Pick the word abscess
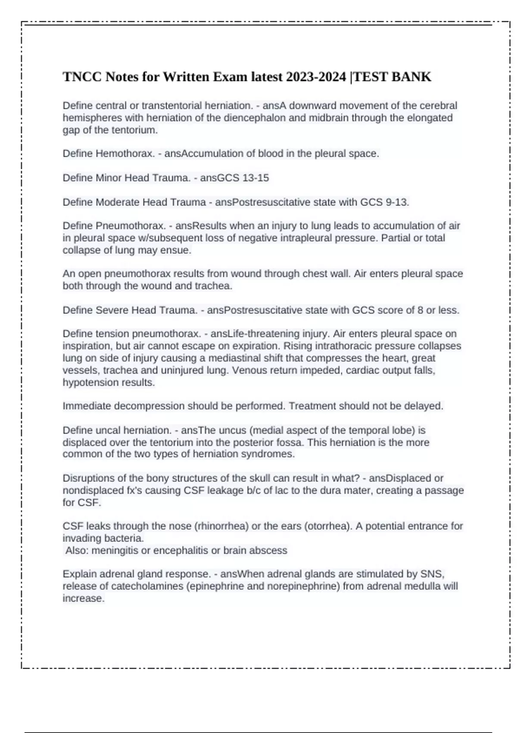270,551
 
